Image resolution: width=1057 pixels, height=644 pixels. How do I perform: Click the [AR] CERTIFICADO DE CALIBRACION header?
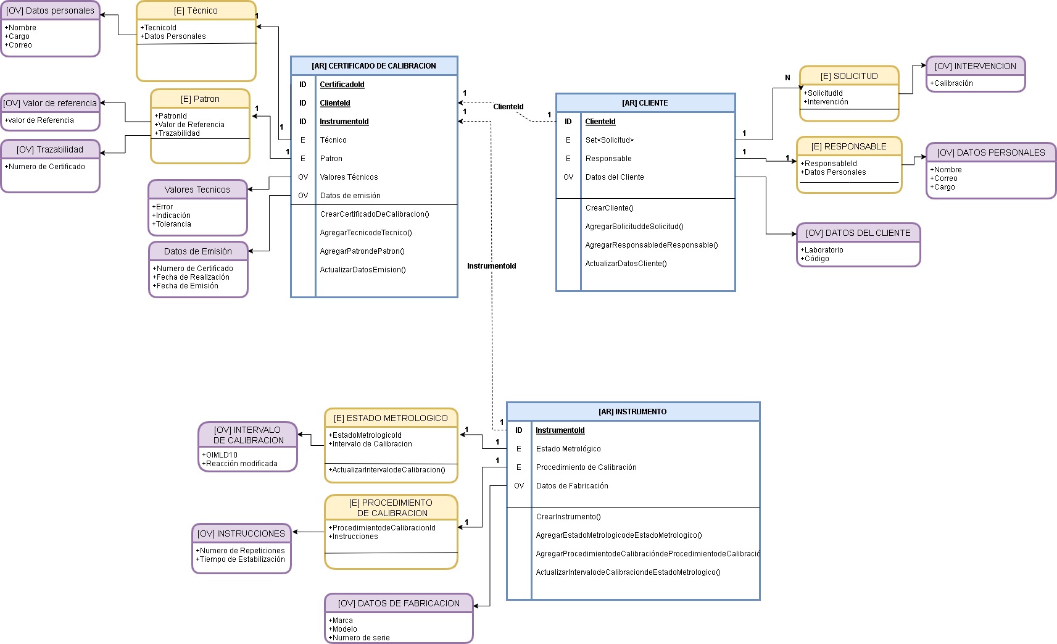click(374, 66)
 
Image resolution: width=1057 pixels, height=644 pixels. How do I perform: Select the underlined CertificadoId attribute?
click(342, 85)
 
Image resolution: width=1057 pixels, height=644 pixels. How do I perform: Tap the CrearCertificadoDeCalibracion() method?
click(375, 214)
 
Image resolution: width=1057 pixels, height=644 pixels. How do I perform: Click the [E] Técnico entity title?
click(196, 10)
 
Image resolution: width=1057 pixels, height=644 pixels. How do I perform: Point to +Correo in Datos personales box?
click(20, 45)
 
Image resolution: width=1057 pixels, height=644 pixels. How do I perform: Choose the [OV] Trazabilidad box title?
click(50, 149)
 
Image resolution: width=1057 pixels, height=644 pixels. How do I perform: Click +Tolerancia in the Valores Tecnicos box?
click(173, 224)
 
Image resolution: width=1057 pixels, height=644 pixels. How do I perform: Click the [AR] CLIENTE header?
click(645, 103)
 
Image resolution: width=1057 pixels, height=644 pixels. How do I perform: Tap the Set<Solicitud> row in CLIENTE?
click(609, 140)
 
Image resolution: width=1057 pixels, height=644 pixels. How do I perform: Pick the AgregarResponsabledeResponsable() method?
click(652, 245)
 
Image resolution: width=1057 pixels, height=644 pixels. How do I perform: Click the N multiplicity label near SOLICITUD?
click(787, 78)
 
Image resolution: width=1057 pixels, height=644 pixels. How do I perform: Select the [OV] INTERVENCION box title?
click(975, 66)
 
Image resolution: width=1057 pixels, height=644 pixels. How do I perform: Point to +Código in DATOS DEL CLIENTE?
click(816, 259)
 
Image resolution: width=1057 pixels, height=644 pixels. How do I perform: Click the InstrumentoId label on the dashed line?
click(491, 266)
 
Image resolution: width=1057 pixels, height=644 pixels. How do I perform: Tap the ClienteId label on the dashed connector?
click(508, 107)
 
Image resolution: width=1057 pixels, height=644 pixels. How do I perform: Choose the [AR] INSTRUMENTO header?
click(632, 412)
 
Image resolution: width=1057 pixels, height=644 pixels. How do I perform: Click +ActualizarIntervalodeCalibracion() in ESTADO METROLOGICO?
click(388, 470)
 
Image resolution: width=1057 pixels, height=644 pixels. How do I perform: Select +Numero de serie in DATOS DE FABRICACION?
click(360, 638)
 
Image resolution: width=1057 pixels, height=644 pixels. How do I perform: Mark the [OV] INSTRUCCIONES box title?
click(241, 533)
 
